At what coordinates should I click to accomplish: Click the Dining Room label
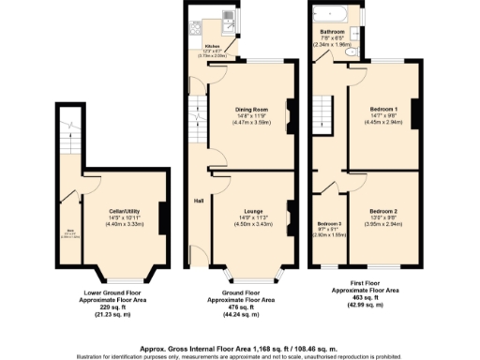click(248, 110)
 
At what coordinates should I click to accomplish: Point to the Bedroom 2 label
click(382, 212)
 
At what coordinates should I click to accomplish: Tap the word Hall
click(199, 201)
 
